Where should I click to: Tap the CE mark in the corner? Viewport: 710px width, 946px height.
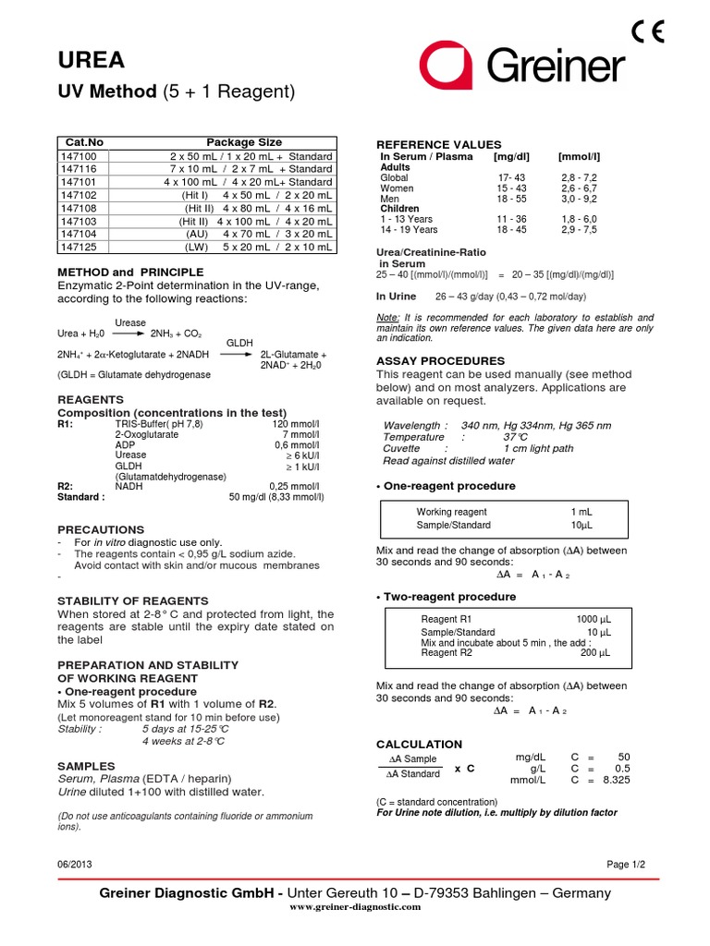(648, 32)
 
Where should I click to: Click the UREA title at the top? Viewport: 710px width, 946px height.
(90, 60)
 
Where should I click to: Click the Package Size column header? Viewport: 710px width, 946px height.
(244, 142)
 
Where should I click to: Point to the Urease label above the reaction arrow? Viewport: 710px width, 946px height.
(129, 322)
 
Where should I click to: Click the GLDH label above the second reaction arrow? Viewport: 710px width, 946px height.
(239, 342)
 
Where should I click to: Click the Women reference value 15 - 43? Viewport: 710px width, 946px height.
(510, 188)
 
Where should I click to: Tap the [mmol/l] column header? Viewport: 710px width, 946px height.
(579, 157)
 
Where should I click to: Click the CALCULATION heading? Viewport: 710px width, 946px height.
(419, 744)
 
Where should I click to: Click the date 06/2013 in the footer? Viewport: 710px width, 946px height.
(74, 864)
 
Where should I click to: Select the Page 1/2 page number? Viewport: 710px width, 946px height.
(626, 864)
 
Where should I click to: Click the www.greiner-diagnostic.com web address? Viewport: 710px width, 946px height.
(355, 907)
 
